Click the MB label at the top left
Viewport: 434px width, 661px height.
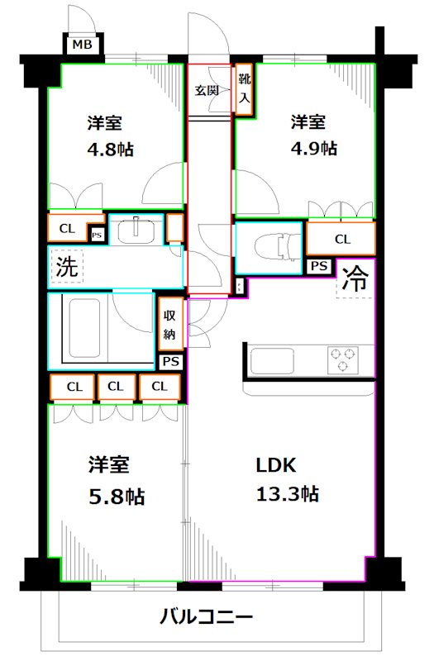point(80,45)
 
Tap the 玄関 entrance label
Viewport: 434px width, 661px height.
point(207,91)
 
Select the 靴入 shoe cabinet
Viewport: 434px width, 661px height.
point(244,91)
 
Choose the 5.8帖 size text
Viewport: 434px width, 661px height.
point(116,497)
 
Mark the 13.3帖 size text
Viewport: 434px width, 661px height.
point(286,495)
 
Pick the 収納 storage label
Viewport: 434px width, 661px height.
point(169,325)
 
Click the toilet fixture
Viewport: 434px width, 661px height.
point(270,246)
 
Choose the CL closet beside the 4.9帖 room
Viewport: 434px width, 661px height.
point(341,239)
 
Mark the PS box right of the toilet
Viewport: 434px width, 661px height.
point(318,266)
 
